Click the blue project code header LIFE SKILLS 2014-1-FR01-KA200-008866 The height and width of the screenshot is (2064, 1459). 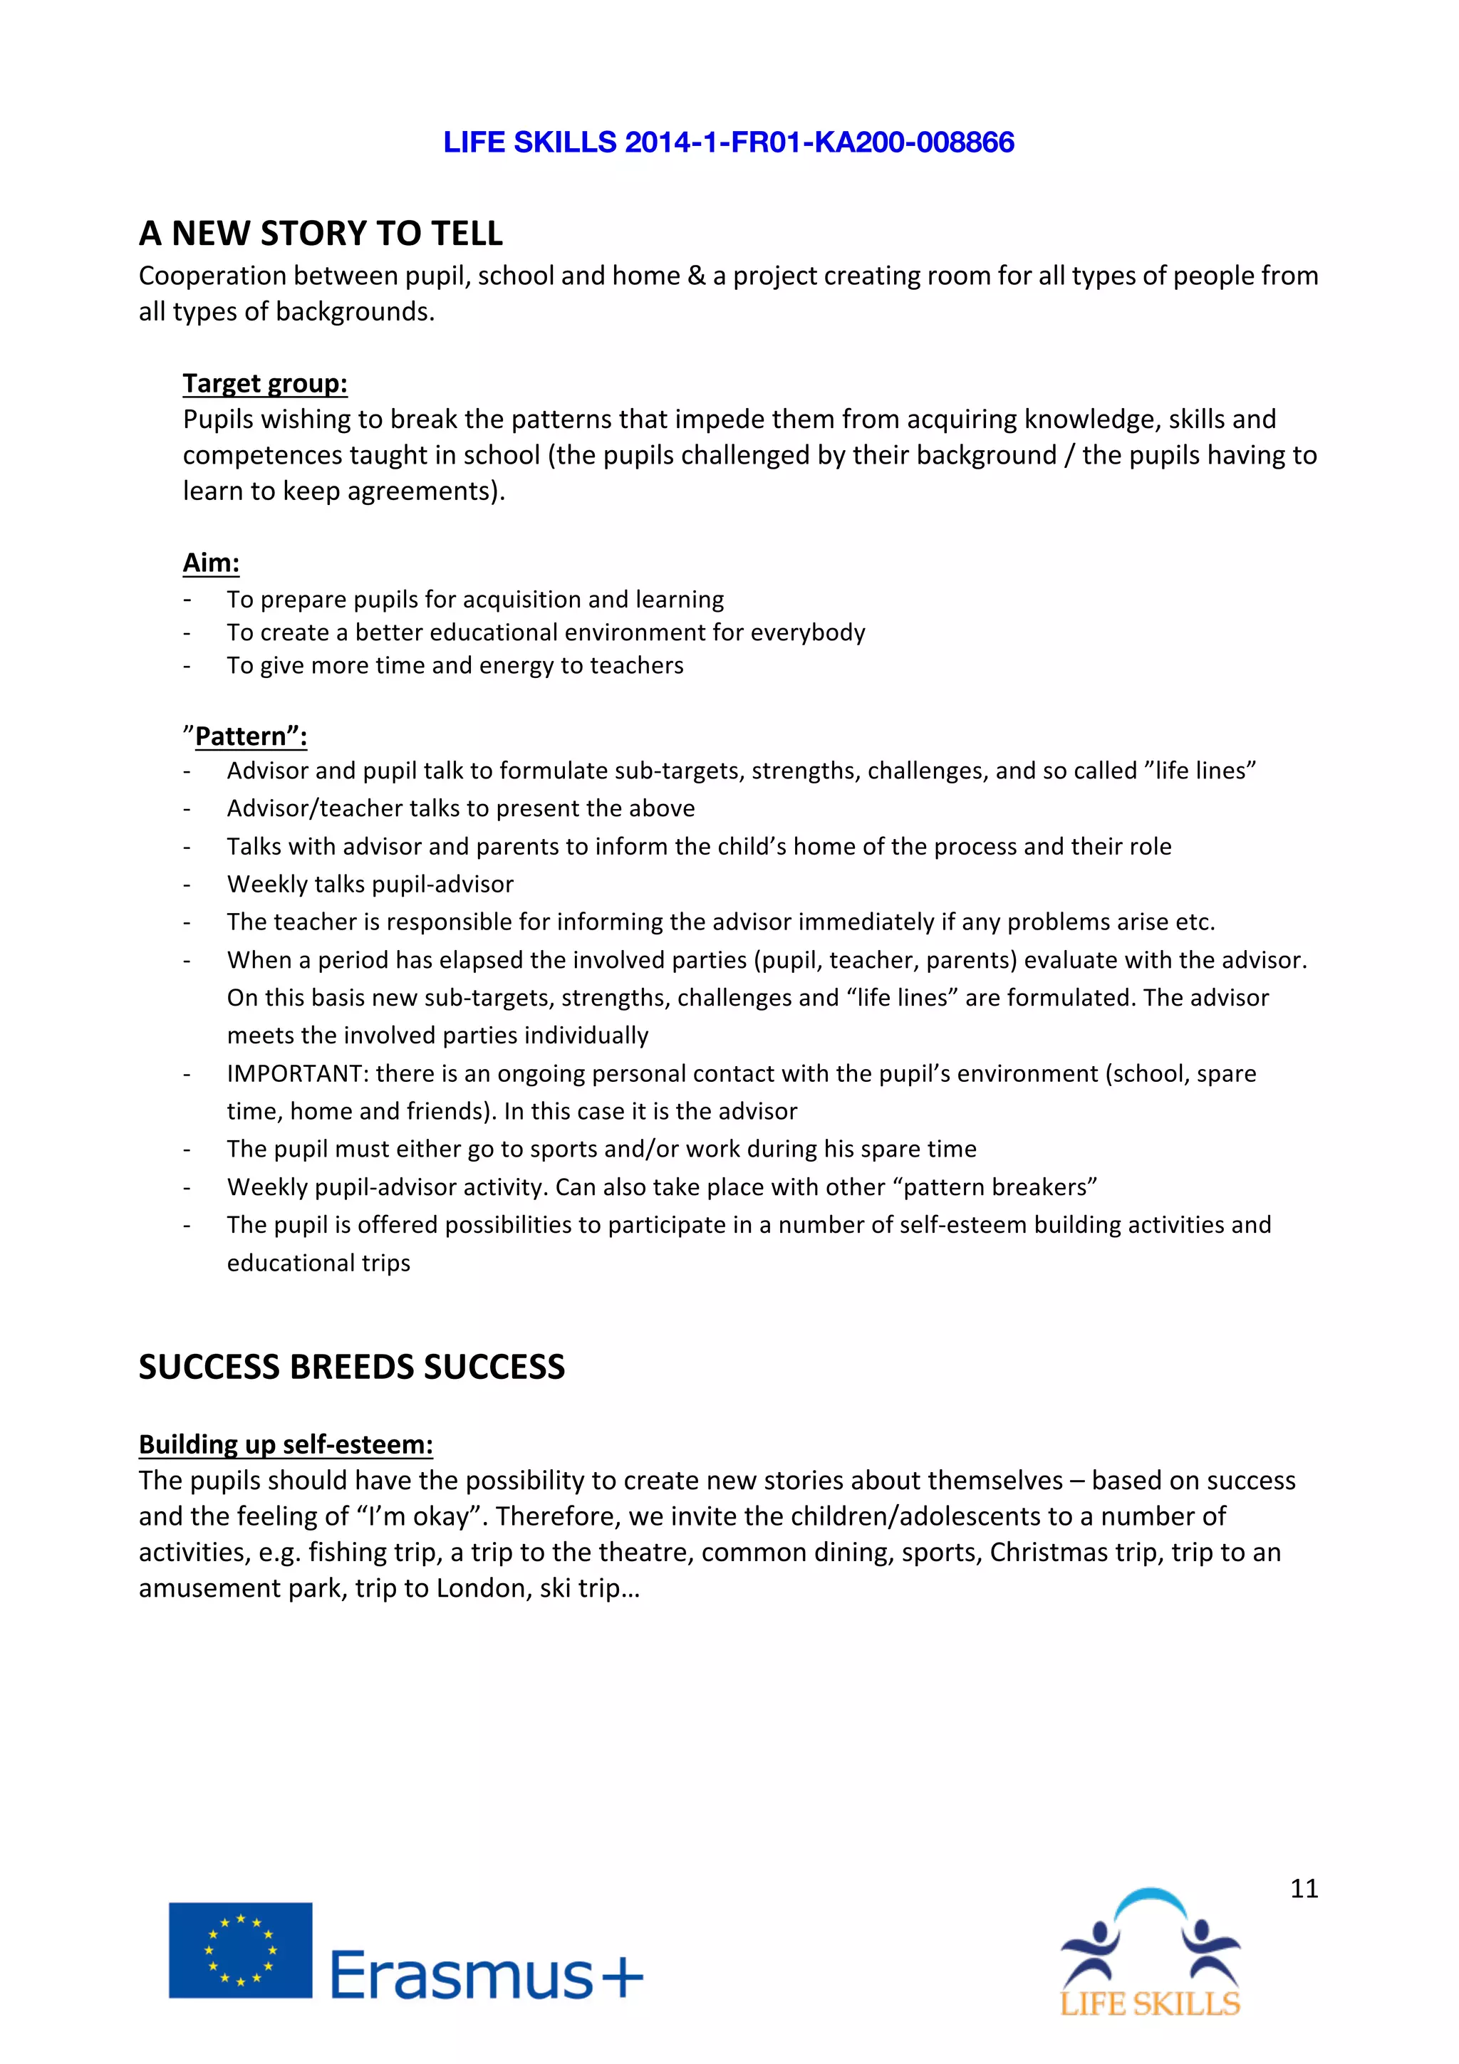point(728,142)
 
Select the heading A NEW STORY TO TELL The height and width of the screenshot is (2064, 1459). point(320,234)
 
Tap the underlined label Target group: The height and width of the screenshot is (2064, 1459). point(264,383)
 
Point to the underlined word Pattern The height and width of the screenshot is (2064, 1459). point(240,736)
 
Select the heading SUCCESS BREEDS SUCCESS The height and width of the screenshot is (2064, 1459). point(351,1367)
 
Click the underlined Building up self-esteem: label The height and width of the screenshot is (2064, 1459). point(285,1444)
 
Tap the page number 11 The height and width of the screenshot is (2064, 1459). point(1304,1888)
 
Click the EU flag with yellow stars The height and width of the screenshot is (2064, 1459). point(240,1950)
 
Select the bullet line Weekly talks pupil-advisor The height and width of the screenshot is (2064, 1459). point(370,884)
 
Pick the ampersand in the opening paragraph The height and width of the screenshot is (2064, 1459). point(697,276)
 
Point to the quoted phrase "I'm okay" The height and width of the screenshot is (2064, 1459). point(422,1516)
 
